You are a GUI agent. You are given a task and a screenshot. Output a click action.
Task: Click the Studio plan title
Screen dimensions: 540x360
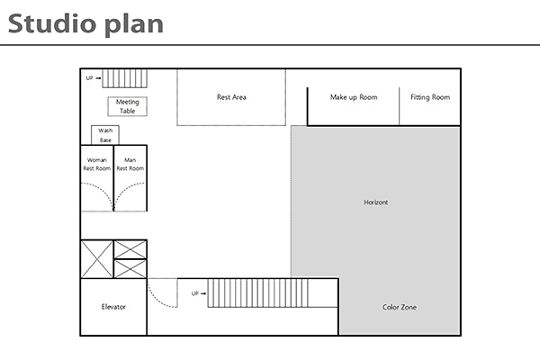coord(85,25)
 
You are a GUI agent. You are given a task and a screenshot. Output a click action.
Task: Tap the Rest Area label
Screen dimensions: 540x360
coord(231,97)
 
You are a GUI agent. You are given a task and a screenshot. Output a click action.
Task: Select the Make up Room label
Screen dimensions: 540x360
coord(354,97)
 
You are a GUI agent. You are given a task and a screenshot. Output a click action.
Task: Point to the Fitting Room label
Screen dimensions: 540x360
coord(430,97)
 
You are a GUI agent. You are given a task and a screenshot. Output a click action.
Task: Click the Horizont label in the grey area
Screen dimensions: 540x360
coord(375,202)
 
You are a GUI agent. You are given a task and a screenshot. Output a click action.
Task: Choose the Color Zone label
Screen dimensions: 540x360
coord(399,307)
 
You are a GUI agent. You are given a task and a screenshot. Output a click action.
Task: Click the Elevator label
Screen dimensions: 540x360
coord(113,307)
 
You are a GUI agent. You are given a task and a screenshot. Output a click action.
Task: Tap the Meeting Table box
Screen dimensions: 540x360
coord(128,106)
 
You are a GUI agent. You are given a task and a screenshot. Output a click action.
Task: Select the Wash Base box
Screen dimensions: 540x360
coord(105,135)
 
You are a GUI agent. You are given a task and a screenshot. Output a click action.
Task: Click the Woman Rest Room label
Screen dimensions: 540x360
coord(97,165)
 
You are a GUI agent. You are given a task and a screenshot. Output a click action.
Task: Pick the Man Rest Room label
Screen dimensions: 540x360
coord(130,165)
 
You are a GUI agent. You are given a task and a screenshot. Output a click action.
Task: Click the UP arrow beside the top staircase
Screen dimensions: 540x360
coord(98,78)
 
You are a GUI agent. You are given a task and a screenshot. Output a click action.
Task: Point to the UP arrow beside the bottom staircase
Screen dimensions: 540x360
coord(203,293)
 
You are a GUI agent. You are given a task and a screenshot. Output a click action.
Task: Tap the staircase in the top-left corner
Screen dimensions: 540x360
coord(125,78)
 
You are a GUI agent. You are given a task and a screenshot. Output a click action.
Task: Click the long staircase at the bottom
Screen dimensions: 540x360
coord(257,292)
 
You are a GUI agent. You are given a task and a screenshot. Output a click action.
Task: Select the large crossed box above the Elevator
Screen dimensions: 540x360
coord(97,259)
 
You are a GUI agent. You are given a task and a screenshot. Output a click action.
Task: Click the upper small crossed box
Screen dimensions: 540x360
coord(130,249)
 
